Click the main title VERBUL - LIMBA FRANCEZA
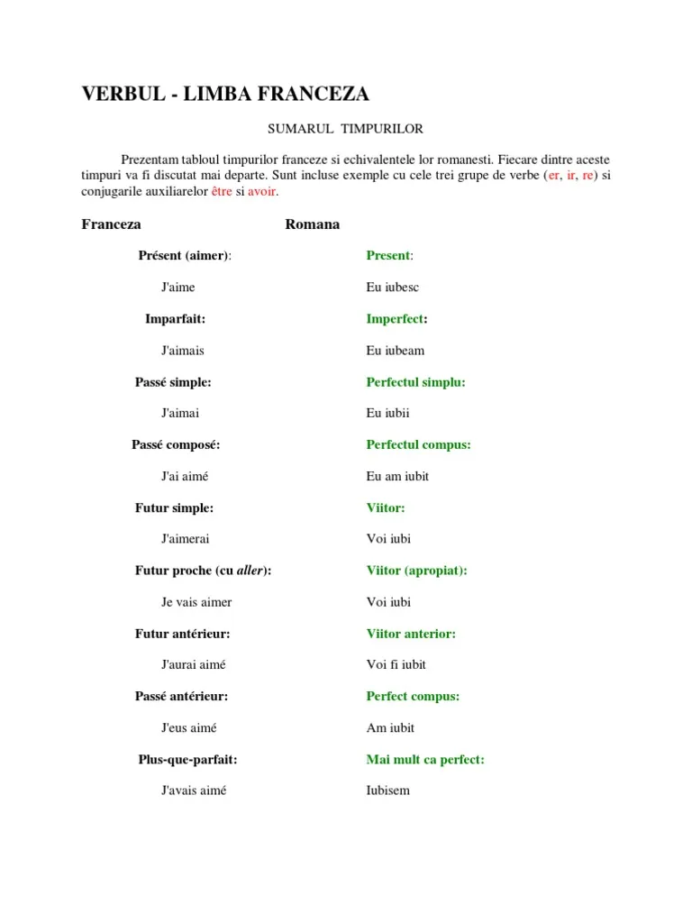pos(225,95)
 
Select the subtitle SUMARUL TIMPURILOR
pos(332,129)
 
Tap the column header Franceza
pos(111,224)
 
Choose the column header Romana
pos(312,224)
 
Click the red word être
pos(222,192)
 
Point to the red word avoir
pos(262,192)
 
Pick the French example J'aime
pos(178,288)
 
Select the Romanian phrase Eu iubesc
pos(393,288)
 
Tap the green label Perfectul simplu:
pos(415,382)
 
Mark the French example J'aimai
pos(180,414)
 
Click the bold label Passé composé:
pos(176,444)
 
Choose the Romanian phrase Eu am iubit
pos(397,476)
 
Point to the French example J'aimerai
pos(186,539)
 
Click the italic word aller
pos(251,571)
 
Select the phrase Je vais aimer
pos(196,602)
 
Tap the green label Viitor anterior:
pos(411,634)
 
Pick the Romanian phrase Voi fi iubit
pos(396,665)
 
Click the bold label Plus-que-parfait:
pos(187,760)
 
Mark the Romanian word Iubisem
pos(387,790)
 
